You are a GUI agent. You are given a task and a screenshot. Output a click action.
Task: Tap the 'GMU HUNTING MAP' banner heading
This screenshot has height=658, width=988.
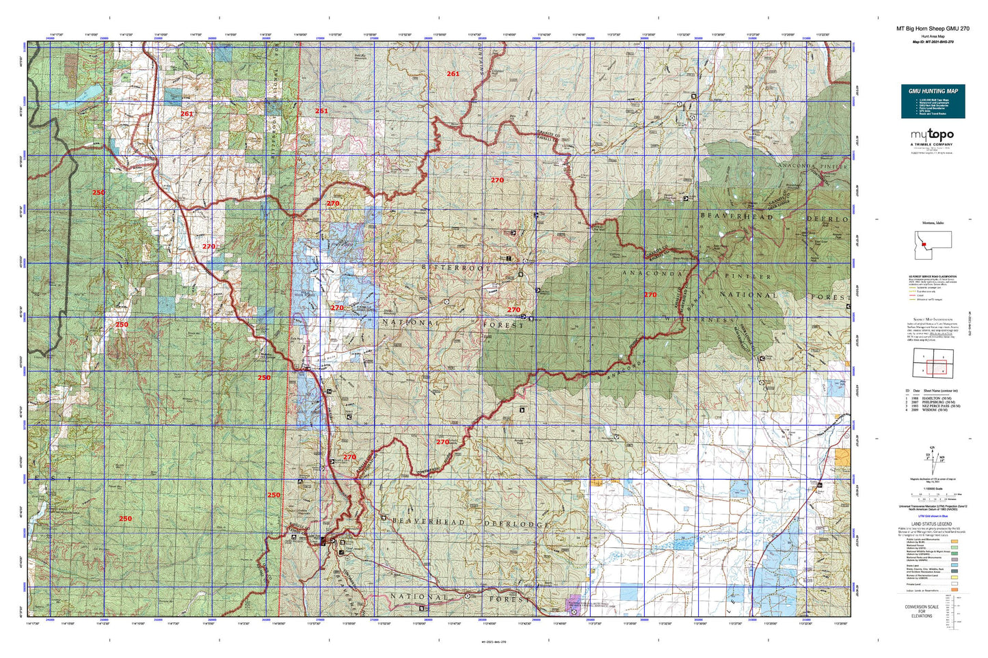933,91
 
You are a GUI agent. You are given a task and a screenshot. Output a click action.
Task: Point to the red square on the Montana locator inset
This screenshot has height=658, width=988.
923,243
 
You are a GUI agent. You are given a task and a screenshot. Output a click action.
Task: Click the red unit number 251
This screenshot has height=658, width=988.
321,111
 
